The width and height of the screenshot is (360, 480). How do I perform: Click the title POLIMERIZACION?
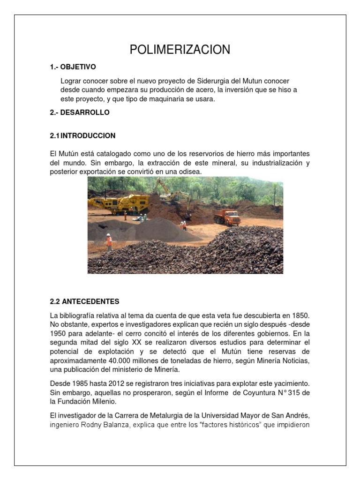180,50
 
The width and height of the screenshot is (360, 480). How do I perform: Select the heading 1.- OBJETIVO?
73,67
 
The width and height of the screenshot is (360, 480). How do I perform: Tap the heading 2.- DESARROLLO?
79,112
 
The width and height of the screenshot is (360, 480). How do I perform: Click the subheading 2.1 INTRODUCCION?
82,135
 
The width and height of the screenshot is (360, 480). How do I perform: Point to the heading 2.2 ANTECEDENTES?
84,301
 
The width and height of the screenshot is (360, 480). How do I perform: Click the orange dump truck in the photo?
227,217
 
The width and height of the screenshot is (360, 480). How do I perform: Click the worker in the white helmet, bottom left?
109,241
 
